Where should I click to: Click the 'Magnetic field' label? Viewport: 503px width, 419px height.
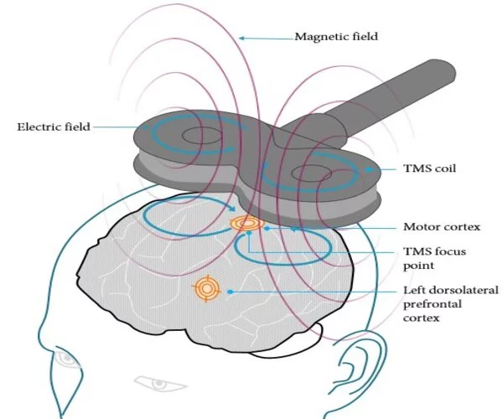[x=335, y=37]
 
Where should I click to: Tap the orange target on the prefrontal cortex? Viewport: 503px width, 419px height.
[x=206, y=289]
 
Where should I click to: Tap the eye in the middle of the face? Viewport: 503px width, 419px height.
[x=155, y=383]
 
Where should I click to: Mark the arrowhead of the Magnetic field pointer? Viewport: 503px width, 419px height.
[x=241, y=37]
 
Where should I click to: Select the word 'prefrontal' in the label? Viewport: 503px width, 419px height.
[x=434, y=304]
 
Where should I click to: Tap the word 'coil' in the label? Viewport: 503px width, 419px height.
[x=445, y=168]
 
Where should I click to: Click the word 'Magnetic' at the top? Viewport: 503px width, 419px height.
[x=320, y=37]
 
